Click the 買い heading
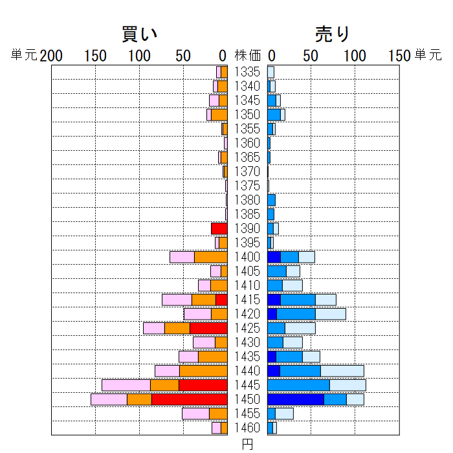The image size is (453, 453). click(140, 34)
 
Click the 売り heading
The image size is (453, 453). click(333, 34)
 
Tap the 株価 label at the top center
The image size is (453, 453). click(248, 56)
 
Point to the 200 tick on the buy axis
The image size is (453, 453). click(51, 56)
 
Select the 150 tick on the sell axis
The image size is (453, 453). click(399, 56)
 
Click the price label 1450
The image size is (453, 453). click(247, 399)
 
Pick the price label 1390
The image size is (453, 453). click(247, 228)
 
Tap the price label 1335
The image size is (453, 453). click(247, 72)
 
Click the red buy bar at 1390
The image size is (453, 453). click(219, 228)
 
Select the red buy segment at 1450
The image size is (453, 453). click(190, 399)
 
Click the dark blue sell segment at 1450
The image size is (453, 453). click(295, 399)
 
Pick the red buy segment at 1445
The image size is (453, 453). click(203, 385)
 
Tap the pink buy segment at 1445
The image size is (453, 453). click(126, 385)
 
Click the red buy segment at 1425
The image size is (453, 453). click(208, 328)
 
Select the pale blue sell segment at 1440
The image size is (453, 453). click(342, 371)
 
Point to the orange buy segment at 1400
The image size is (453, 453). click(211, 257)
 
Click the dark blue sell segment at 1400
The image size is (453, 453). click(274, 257)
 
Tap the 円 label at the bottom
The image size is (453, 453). click(247, 444)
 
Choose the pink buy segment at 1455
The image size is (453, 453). click(195, 414)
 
